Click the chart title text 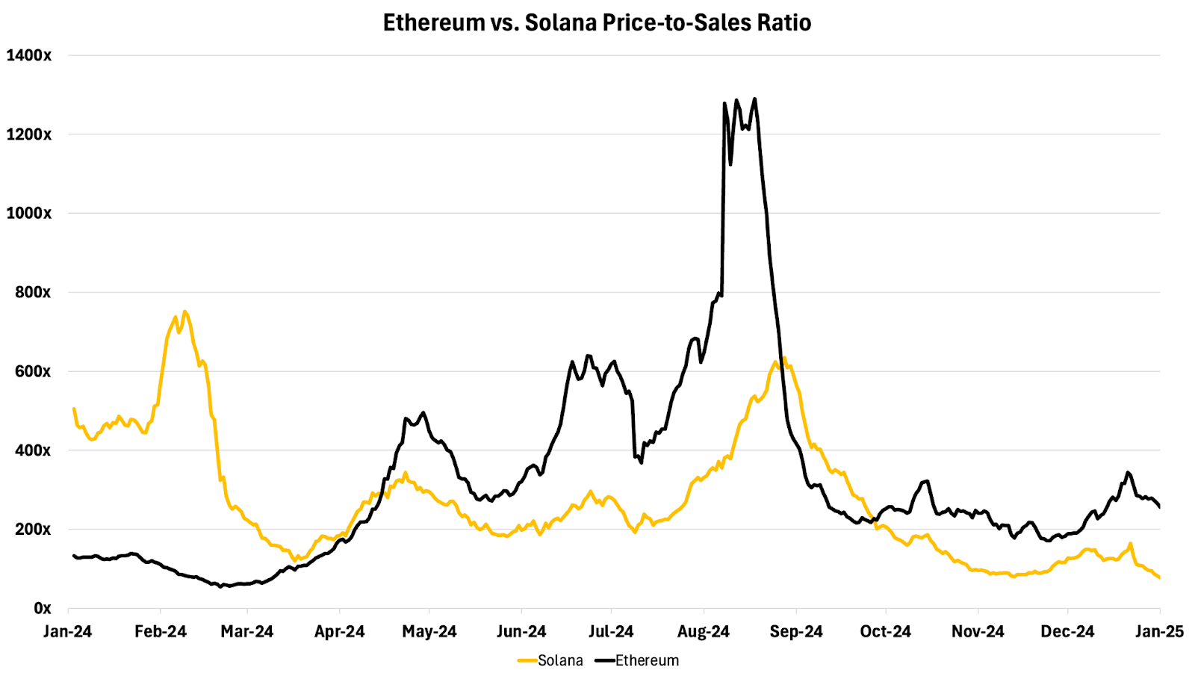pyautogui.click(x=597, y=22)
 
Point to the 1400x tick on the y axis pyautogui.click(x=28, y=55)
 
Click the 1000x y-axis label pyautogui.click(x=28, y=214)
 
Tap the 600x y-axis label pyautogui.click(x=32, y=371)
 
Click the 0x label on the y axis pyautogui.click(x=42, y=608)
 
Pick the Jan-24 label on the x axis pyautogui.click(x=67, y=632)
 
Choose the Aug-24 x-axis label pyautogui.click(x=703, y=632)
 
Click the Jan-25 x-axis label pyautogui.click(x=1159, y=632)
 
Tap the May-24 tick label pyautogui.click(x=429, y=632)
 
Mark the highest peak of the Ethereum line pyautogui.click(x=754, y=99)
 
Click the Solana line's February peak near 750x pyautogui.click(x=184, y=311)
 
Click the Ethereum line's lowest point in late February pyautogui.click(x=220, y=587)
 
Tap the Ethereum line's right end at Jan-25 pyautogui.click(x=1159, y=507)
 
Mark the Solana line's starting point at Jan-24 pyautogui.click(x=73, y=409)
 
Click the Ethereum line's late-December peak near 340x pyautogui.click(x=1128, y=472)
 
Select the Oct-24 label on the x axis pyautogui.click(x=885, y=632)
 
